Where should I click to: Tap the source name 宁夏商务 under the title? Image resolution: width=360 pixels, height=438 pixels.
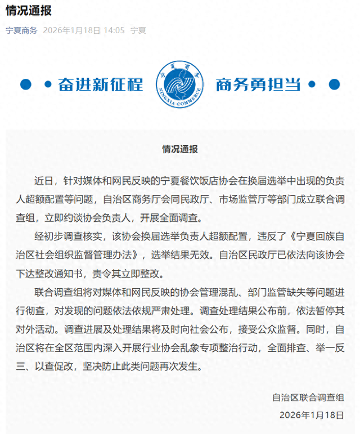[x=21, y=30]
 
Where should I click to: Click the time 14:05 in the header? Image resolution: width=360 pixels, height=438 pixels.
[x=113, y=30]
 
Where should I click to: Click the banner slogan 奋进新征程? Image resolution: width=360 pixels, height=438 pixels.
[x=101, y=84]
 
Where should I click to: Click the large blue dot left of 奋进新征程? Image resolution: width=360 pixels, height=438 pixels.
[x=25, y=84]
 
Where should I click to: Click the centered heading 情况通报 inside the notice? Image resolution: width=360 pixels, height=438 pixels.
[x=179, y=150]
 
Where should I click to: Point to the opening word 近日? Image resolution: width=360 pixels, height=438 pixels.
[x=45, y=181]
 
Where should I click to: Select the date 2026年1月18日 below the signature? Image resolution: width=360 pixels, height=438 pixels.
[x=310, y=415]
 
